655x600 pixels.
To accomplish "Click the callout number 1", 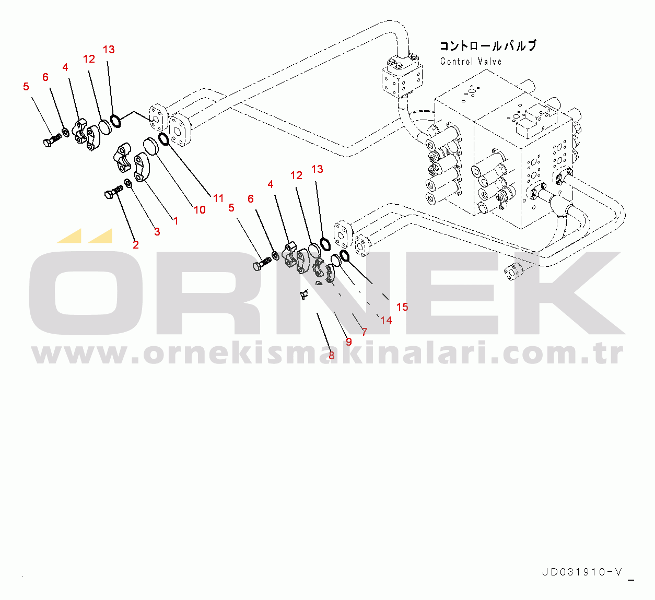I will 176,221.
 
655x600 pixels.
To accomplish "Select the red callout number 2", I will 136,244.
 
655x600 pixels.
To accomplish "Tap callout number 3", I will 157,231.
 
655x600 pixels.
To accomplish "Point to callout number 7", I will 365,332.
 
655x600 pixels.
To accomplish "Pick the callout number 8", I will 331,356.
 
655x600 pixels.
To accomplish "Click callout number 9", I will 349,342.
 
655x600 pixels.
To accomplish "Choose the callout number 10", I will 200,210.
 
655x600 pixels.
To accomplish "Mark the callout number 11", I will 218,198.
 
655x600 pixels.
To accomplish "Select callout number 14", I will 386,320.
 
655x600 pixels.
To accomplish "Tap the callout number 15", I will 402,307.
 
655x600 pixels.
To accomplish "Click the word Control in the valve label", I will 457,62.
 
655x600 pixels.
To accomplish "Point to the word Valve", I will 489,62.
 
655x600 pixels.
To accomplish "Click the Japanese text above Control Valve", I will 487,46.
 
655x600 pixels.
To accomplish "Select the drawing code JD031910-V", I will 582,572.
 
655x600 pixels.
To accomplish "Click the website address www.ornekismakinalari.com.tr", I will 327,354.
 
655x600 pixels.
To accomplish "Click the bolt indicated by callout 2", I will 112,194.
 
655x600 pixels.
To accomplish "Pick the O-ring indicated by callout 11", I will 162,138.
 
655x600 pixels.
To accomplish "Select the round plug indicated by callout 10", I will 151,145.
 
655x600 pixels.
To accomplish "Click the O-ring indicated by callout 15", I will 344,255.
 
